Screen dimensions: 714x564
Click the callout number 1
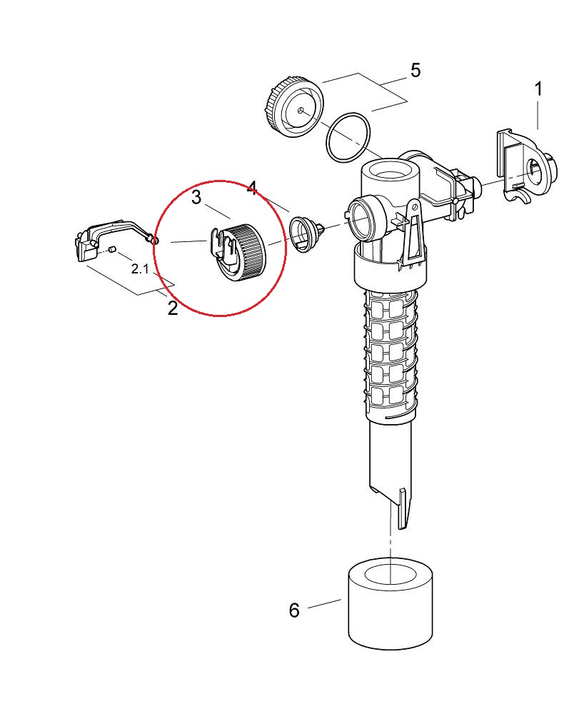click(538, 90)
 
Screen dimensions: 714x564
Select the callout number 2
click(172, 308)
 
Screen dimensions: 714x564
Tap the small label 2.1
click(141, 269)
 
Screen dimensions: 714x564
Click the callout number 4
click(251, 188)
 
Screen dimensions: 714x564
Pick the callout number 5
click(416, 70)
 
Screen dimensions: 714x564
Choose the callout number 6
click(294, 610)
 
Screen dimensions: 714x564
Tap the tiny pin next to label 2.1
click(113, 248)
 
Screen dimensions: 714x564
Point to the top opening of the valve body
click(388, 172)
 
